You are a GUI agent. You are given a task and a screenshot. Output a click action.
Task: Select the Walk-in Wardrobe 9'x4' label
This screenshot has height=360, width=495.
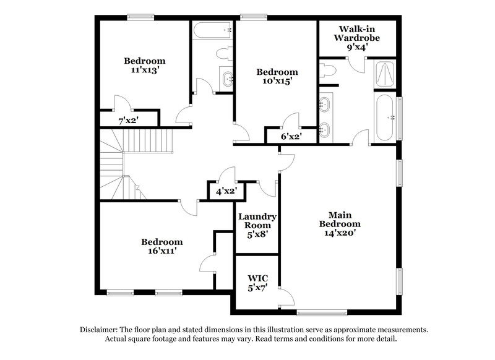pyautogui.click(x=356, y=37)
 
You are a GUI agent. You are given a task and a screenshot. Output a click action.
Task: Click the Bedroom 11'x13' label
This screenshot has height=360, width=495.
pyautogui.click(x=145, y=66)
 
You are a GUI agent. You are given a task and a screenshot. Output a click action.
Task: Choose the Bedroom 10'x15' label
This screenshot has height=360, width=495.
pyautogui.click(x=277, y=76)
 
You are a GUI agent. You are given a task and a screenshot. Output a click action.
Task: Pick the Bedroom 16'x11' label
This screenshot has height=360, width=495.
pyautogui.click(x=161, y=247)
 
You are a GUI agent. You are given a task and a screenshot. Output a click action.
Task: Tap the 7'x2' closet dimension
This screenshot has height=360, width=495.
pyautogui.click(x=128, y=120)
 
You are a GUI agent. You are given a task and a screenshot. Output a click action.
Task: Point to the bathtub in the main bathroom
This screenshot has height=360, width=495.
pyautogui.click(x=384, y=118)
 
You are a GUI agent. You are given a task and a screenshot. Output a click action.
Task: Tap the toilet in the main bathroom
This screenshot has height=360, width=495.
pyautogui.click(x=328, y=71)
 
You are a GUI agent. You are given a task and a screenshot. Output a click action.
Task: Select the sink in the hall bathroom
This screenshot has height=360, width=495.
pyautogui.click(x=227, y=78)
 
